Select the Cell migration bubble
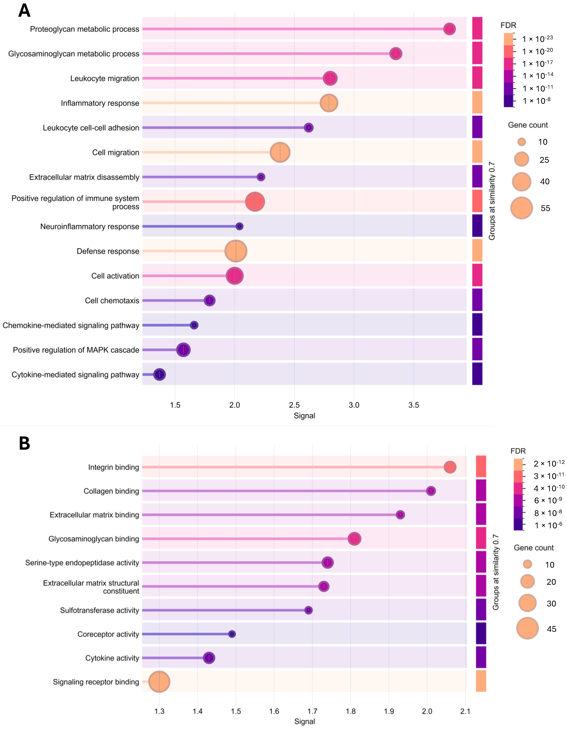tap(280, 152)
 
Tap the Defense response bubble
tap(236, 251)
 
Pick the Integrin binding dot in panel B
tap(450, 467)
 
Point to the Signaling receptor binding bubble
tap(159, 682)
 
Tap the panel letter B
tap(24, 444)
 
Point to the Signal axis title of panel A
tap(304, 416)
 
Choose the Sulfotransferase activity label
tap(99, 610)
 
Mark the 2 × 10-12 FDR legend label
tap(549, 463)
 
